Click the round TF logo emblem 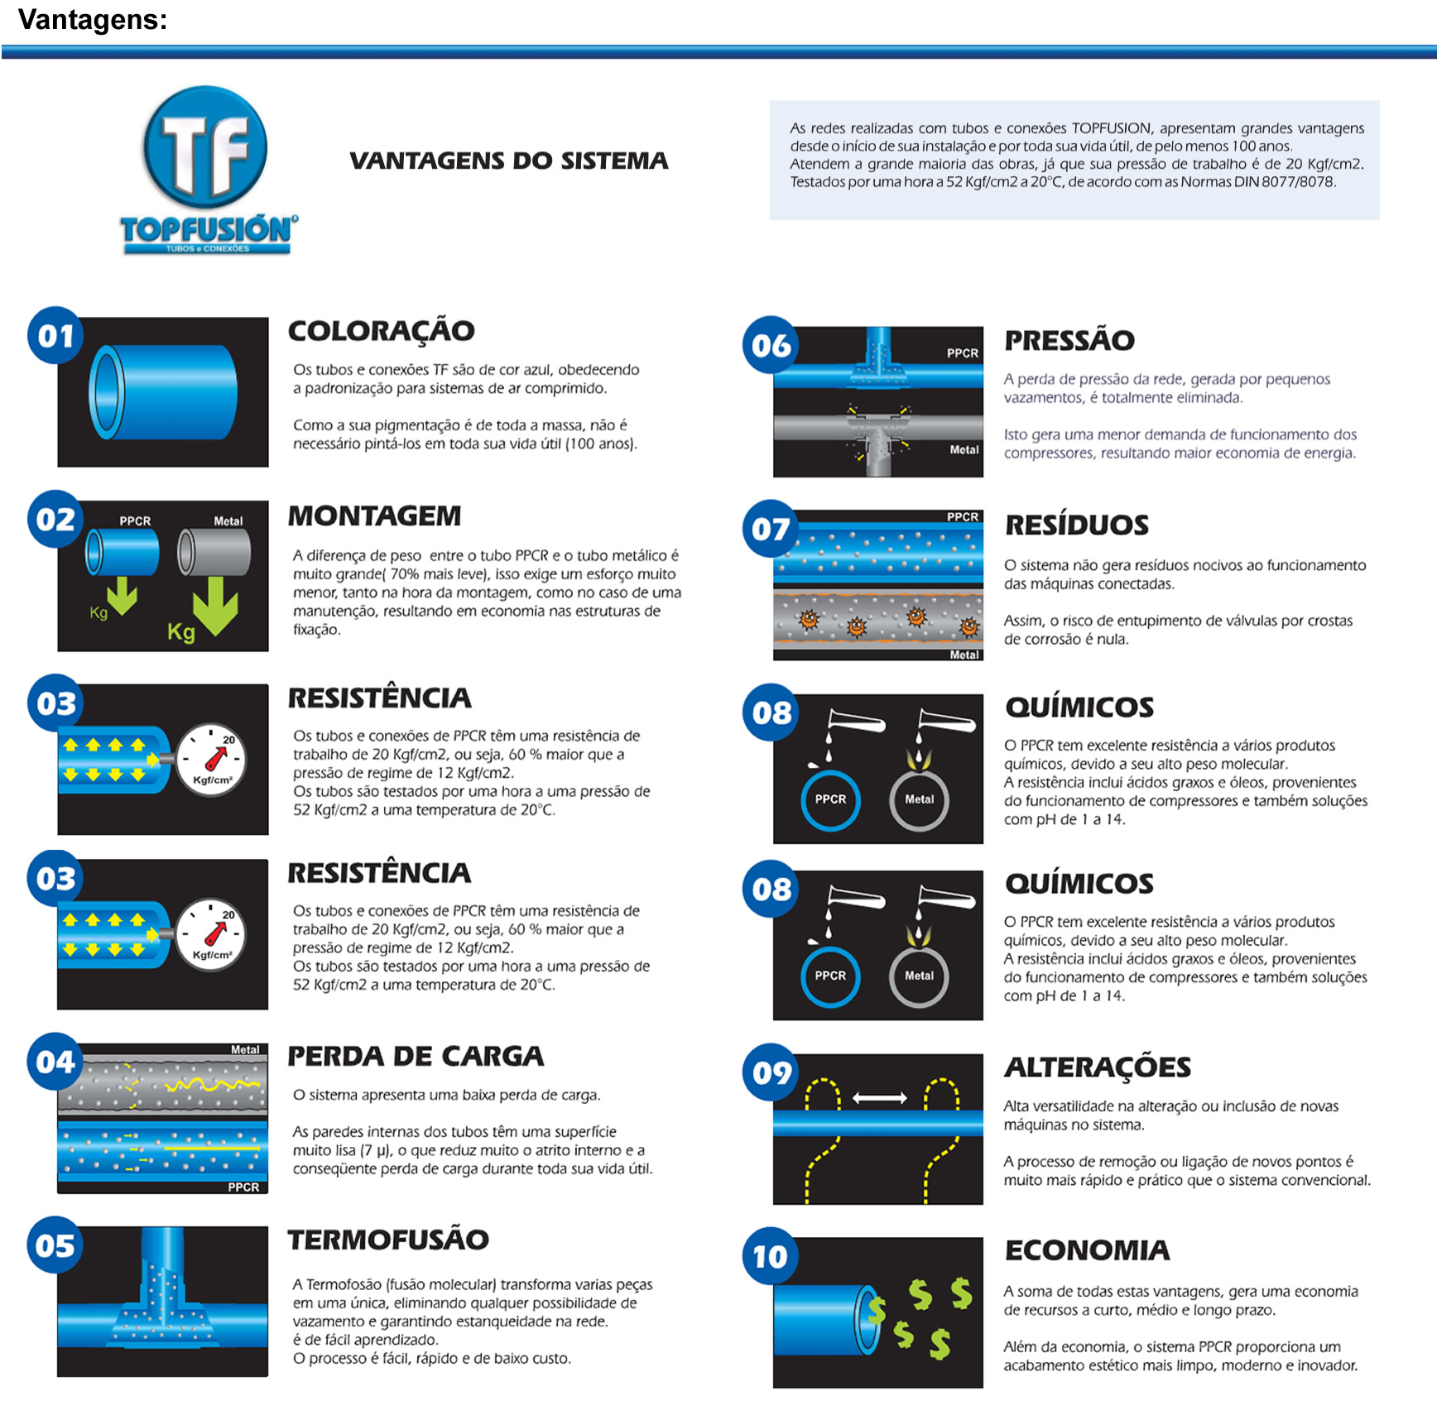[x=205, y=146]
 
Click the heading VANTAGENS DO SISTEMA [x=508, y=161]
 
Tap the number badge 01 [x=55, y=335]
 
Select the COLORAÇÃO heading [x=381, y=331]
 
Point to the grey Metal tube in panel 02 [x=214, y=551]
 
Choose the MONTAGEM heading [x=374, y=516]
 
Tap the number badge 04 [x=55, y=1062]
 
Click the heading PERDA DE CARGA [x=416, y=1056]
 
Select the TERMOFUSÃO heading [x=388, y=1240]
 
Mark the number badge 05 [x=55, y=1245]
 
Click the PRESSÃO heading [x=1069, y=340]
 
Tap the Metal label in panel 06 [x=964, y=449]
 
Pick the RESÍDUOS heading [x=1077, y=525]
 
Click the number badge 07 [x=771, y=528]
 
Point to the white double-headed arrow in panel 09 [x=880, y=1098]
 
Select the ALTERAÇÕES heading [x=1098, y=1067]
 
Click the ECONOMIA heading [x=1087, y=1250]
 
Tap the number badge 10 [x=771, y=1256]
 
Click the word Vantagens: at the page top [x=93, y=19]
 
